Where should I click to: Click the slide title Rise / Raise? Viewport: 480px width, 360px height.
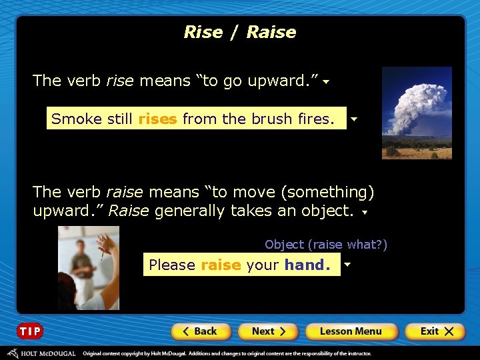pyautogui.click(x=240, y=32)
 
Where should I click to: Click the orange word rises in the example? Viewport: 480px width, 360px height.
pyautogui.click(x=157, y=119)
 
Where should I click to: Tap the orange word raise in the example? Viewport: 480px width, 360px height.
pyautogui.click(x=221, y=265)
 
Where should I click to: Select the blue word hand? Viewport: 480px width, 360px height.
pyautogui.click(x=307, y=265)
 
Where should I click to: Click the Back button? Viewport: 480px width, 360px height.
pyautogui.click(x=201, y=331)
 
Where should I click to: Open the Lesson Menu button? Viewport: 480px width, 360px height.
pyautogui.click(x=351, y=331)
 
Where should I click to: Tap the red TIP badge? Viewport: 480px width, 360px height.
pyautogui.click(x=30, y=331)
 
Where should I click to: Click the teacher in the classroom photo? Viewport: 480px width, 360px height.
pyautogui.click(x=83, y=263)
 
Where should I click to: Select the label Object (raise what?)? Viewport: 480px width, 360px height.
pyautogui.click(x=326, y=245)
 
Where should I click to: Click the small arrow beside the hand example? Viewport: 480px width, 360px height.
pyautogui.click(x=347, y=265)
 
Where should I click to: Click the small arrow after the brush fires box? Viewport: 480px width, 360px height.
pyautogui.click(x=353, y=120)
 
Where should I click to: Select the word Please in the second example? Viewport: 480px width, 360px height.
pyautogui.click(x=172, y=265)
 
